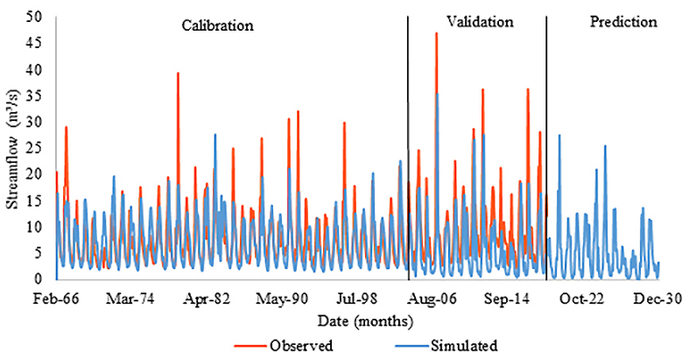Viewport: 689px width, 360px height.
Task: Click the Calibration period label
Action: pyautogui.click(x=217, y=25)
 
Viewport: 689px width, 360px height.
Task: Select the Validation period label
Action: pyautogui.click(x=479, y=22)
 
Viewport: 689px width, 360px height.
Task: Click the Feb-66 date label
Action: pyautogui.click(x=57, y=298)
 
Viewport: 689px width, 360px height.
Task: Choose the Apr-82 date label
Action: pyautogui.click(x=208, y=298)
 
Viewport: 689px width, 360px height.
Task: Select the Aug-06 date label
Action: pyautogui.click(x=433, y=298)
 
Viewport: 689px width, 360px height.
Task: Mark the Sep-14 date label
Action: pyautogui.click(x=509, y=298)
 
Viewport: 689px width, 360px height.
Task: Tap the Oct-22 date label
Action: pyautogui.click(x=583, y=298)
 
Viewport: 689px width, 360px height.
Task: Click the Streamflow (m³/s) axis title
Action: pyautogui.click(x=12, y=149)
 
